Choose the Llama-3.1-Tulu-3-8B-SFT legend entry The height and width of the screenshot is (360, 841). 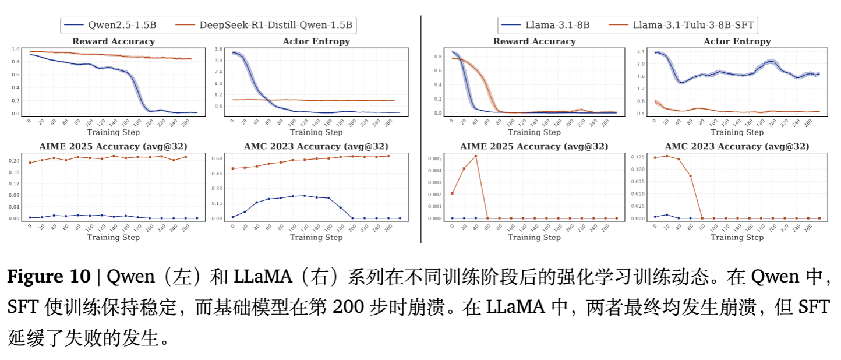point(690,25)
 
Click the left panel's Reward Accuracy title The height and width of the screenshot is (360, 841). point(114,41)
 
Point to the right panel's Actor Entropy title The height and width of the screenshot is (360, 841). point(737,41)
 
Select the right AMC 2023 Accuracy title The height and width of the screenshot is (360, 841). point(737,146)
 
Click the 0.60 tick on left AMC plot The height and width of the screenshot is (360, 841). point(218,158)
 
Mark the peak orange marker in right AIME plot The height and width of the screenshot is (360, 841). point(476,156)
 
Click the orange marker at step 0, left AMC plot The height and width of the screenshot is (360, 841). point(233,168)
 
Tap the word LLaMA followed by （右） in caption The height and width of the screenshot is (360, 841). point(263,277)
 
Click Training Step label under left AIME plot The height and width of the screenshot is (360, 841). point(114,237)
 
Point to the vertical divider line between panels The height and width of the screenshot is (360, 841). point(421,128)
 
